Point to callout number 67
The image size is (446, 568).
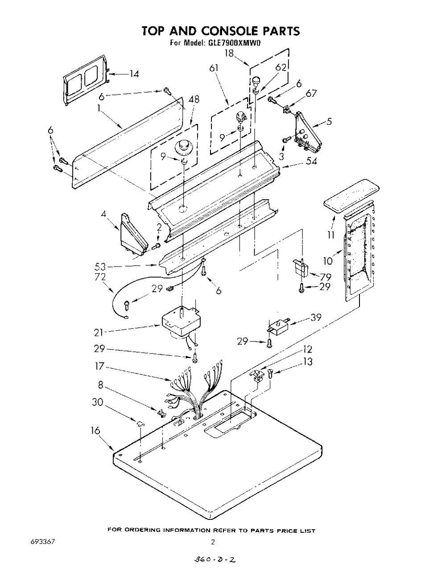[310, 93]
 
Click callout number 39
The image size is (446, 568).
[316, 317]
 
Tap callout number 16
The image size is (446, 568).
[96, 430]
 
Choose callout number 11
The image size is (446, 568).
[331, 235]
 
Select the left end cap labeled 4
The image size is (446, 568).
[134, 234]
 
